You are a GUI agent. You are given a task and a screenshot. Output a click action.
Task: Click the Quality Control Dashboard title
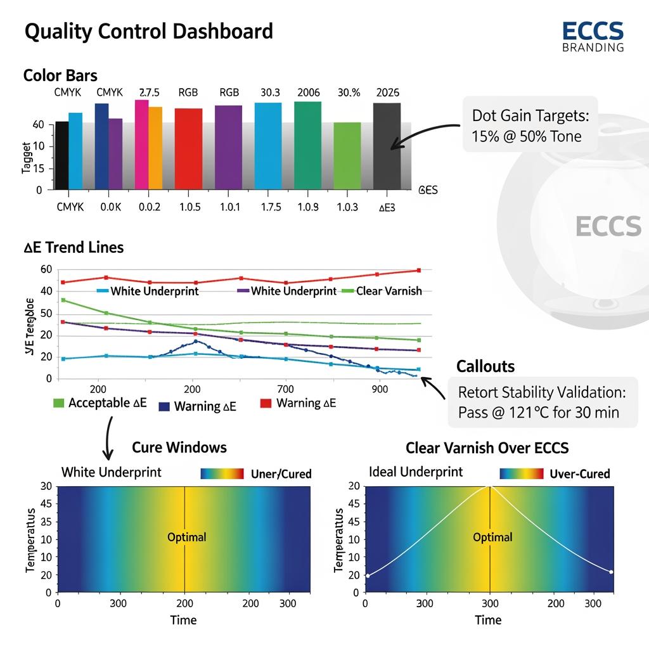click(148, 32)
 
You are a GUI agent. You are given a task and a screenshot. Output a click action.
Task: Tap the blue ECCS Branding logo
click(593, 36)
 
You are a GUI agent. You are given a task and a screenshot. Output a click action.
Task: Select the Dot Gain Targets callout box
click(530, 125)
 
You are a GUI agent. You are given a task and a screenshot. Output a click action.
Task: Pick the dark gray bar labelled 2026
click(387, 146)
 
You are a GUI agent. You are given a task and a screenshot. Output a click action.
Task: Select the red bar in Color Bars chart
click(188, 148)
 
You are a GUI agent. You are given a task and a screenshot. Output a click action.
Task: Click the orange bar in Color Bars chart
click(155, 147)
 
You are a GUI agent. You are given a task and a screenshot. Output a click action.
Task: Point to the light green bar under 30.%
click(347, 155)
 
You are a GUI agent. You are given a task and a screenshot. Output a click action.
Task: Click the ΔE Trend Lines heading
click(74, 247)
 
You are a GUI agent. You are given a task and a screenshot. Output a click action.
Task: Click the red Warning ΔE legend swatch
click(266, 404)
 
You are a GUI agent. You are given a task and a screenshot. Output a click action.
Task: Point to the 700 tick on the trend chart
click(286, 389)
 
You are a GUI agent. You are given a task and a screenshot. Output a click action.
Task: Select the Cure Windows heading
click(179, 447)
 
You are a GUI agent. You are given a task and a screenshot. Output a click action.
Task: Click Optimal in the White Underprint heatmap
click(186, 537)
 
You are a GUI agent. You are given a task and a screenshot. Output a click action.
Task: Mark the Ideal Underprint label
click(415, 472)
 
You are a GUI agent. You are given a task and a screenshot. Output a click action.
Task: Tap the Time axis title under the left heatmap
click(183, 620)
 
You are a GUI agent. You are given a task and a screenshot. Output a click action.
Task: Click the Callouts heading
click(485, 366)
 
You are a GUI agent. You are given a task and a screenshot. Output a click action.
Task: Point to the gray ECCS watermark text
click(608, 226)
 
